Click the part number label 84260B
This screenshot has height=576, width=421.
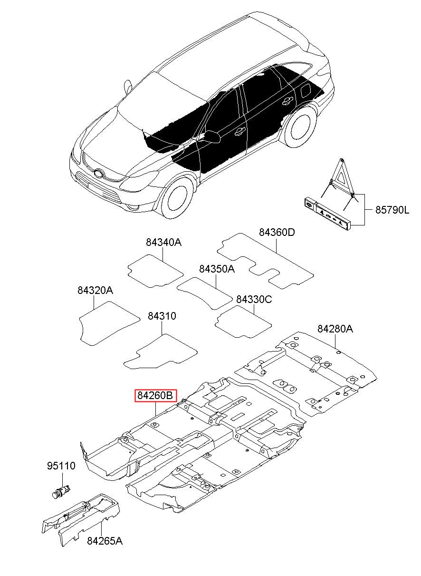coord(156,395)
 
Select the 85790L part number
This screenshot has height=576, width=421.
coord(392,210)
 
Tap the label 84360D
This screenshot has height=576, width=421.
coord(277,232)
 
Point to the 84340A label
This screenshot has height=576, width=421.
coord(163,242)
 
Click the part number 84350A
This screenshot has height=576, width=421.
coord(217,269)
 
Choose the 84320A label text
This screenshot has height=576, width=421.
coord(96,290)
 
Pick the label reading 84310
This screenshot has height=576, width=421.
coord(162,316)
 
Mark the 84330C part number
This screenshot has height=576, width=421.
coord(254,299)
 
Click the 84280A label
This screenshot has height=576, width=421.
coord(335,329)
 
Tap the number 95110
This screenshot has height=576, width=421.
coord(61,466)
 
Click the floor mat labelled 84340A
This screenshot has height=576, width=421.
coord(155,271)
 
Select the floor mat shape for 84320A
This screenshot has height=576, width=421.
coord(109,323)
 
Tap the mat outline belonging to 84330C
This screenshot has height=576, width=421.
coord(243,322)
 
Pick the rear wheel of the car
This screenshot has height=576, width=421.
coord(300,127)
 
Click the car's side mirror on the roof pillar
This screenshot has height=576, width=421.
coord(128,88)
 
